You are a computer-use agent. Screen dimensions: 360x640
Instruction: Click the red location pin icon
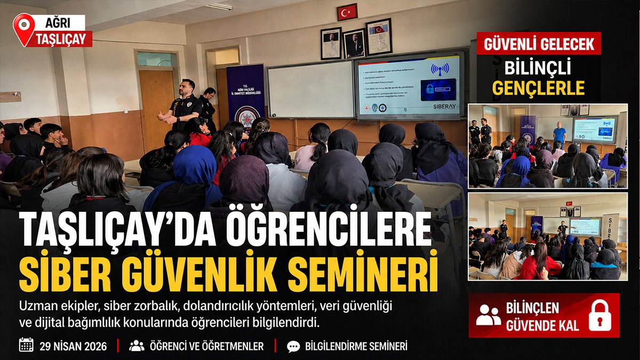[x=23, y=27]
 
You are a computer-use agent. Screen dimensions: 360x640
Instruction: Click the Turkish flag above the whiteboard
[x=347, y=12]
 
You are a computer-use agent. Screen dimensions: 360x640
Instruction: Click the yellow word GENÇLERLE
[x=539, y=87]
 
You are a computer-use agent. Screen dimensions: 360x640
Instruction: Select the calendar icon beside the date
[x=26, y=345]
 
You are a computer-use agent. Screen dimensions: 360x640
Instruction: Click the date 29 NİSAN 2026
[x=73, y=346]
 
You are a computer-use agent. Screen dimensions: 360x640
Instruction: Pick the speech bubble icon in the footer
[x=293, y=346]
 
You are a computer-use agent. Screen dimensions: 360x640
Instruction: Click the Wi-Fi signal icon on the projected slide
[x=440, y=69]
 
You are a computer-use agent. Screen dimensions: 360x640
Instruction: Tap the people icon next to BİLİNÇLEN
[x=489, y=315]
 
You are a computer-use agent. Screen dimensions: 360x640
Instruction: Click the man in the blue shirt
[x=559, y=133]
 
